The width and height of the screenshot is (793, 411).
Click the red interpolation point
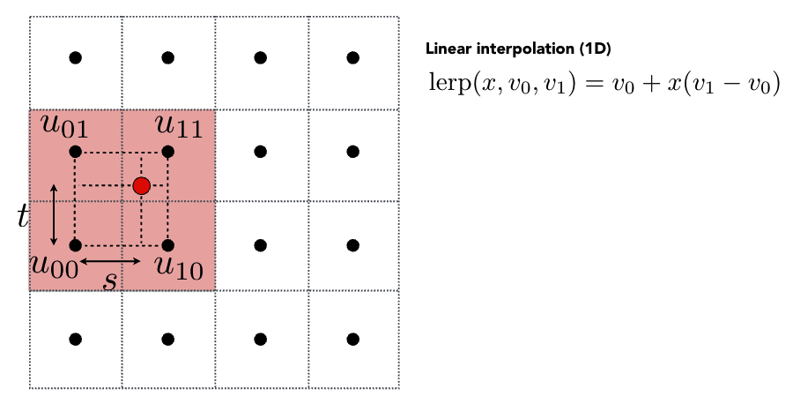pos(141,185)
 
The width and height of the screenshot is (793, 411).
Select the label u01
pos(63,127)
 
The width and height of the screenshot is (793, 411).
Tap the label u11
pos(179,127)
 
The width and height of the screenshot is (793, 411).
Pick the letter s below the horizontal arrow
pos(110,281)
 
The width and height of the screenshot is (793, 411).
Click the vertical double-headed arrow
pos(54,214)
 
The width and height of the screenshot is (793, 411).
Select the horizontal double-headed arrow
pos(110,261)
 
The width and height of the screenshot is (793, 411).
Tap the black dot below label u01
pos(76,152)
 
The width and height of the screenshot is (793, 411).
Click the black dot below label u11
pos(167,152)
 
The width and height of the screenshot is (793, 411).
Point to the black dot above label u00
pos(76,244)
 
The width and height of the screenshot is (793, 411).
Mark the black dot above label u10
pos(167,244)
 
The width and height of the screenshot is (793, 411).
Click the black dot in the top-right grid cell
pos(352,58)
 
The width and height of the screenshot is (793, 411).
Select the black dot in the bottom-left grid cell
pos(76,339)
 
